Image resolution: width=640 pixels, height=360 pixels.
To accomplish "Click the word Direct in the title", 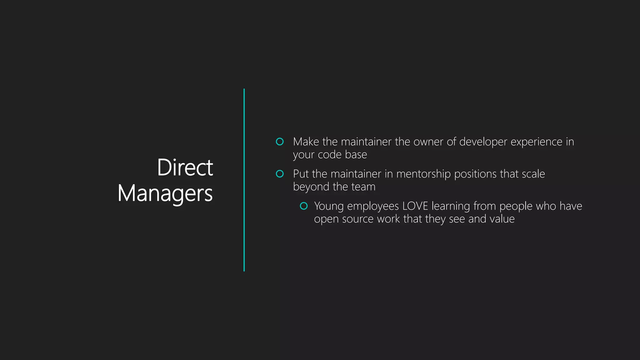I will (x=185, y=167).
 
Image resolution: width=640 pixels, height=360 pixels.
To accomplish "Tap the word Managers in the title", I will (x=165, y=193).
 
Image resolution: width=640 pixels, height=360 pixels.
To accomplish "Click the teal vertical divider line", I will (x=244, y=180).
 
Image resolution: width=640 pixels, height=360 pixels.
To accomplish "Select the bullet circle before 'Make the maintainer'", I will (x=280, y=142).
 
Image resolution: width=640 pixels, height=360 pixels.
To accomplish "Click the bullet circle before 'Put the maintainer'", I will (x=280, y=174).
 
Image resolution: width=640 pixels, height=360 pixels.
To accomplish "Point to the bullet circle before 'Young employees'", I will (x=304, y=206).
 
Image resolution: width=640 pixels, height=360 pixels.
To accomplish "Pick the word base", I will (x=356, y=155).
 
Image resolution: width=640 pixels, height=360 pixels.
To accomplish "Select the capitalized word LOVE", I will (x=415, y=206).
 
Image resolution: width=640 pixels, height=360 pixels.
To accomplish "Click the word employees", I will (x=373, y=206).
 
